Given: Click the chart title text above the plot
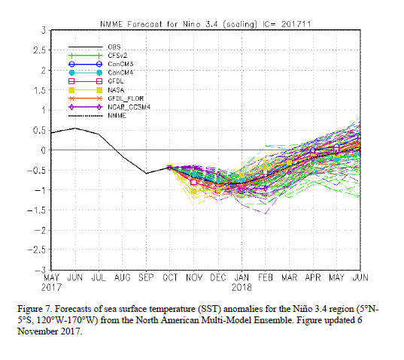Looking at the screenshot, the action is pyautogui.click(x=205, y=24).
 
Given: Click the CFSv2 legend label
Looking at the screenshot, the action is pyautogui.click(x=117, y=56).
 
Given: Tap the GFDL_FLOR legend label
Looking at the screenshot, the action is pyautogui.click(x=126, y=98).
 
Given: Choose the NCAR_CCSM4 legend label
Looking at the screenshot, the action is pyautogui.click(x=129, y=107).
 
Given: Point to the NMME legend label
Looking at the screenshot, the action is pyautogui.click(x=117, y=116).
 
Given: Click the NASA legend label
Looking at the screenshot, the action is pyautogui.click(x=116, y=90).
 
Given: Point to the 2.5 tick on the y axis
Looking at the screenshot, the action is pyautogui.click(x=39, y=50).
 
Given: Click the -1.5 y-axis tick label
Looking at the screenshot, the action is pyautogui.click(x=36, y=210).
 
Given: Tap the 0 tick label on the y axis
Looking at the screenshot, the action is pyautogui.click(x=43, y=150).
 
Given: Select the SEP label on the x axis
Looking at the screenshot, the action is pyautogui.click(x=146, y=277).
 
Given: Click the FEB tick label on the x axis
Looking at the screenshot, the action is pyautogui.click(x=266, y=277).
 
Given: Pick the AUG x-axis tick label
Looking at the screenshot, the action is pyautogui.click(x=123, y=277).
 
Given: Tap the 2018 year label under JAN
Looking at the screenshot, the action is pyautogui.click(x=241, y=287).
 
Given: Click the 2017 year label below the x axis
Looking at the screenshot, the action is pyautogui.click(x=51, y=287).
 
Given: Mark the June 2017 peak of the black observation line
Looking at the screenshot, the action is pyautogui.click(x=75, y=129).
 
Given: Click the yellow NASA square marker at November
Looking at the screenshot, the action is pyautogui.click(x=194, y=192).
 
